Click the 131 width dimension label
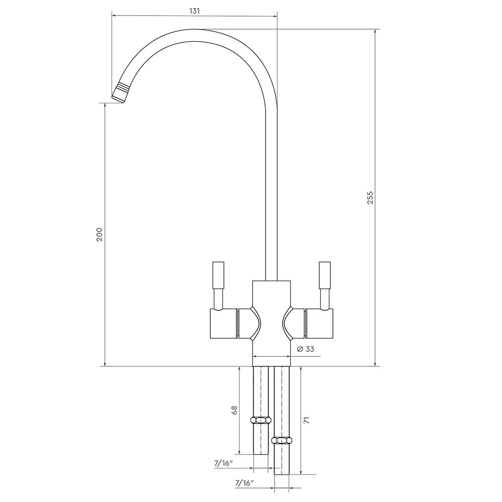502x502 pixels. click(x=194, y=11)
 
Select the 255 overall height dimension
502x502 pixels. click(x=370, y=198)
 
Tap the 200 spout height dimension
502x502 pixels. click(x=99, y=234)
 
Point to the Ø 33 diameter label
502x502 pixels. click(x=305, y=349)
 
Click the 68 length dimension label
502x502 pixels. click(x=234, y=411)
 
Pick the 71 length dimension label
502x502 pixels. click(x=306, y=420)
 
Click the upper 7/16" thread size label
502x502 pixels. click(x=223, y=463)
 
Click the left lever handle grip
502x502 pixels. click(x=218, y=275)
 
